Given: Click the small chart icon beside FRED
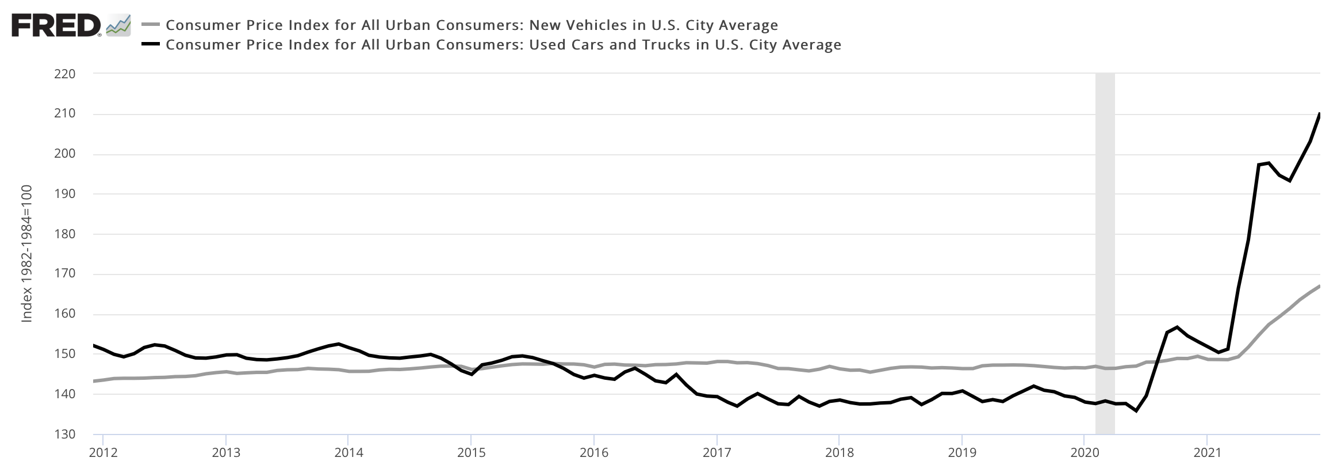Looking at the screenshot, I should coord(118,26).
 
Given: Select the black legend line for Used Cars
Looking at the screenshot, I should coord(150,44).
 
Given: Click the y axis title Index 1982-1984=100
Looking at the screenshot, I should coord(26,254).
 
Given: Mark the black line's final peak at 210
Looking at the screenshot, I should coord(1319,115).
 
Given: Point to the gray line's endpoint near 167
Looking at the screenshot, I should coord(1319,286).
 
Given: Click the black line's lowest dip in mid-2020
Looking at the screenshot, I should coord(1136,410).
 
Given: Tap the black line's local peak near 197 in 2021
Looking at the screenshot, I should coord(1269,163).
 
